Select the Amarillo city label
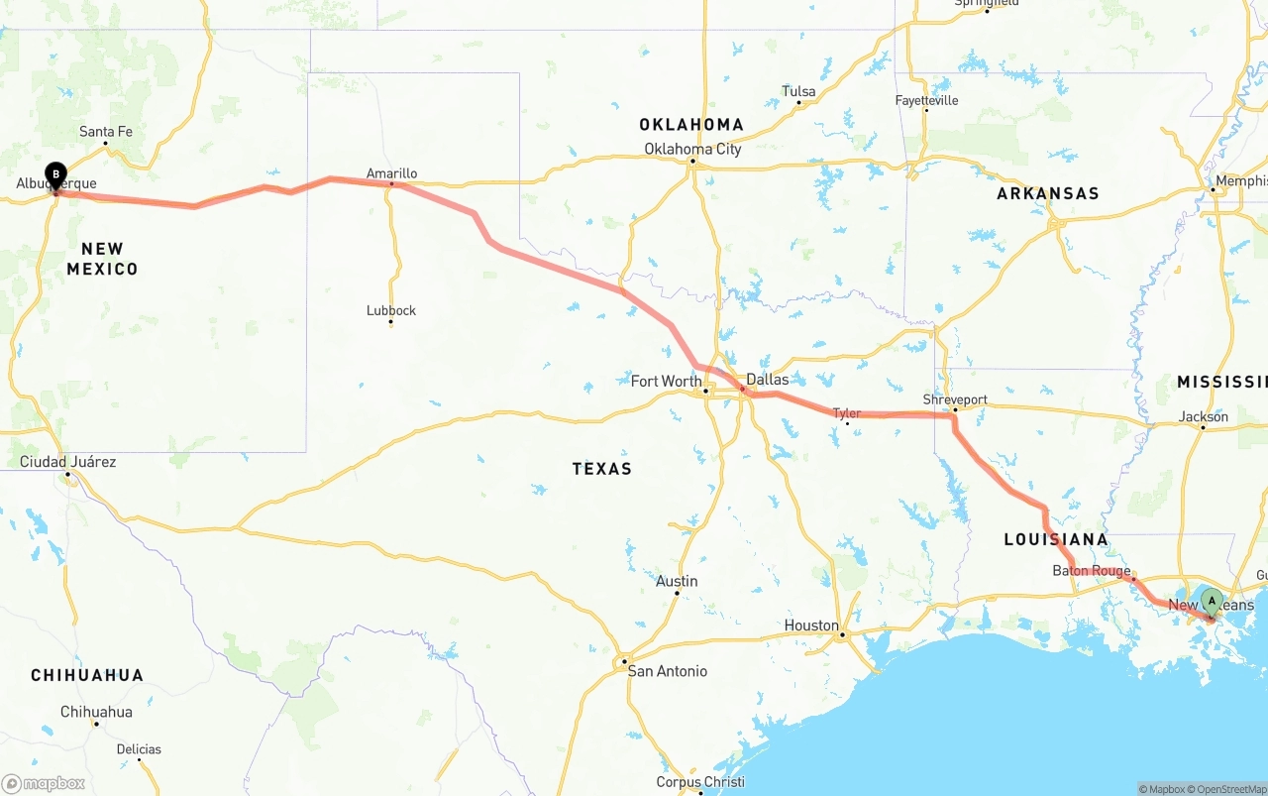pyautogui.click(x=391, y=173)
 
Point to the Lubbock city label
pyautogui.click(x=391, y=310)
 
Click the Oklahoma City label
pyautogui.click(x=692, y=149)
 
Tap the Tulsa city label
pyautogui.click(x=798, y=91)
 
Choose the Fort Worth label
pyautogui.click(x=666, y=381)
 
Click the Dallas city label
pyautogui.click(x=768, y=380)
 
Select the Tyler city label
pyautogui.click(x=846, y=413)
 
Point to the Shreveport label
pyautogui.click(x=955, y=399)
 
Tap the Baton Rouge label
pyautogui.click(x=1091, y=571)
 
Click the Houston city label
pyautogui.click(x=811, y=625)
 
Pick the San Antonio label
pyautogui.click(x=668, y=671)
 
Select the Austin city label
pyautogui.click(x=677, y=581)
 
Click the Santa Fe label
pyautogui.click(x=105, y=131)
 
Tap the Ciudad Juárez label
pyautogui.click(x=67, y=462)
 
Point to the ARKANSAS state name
pyautogui.click(x=1048, y=193)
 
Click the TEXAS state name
pyautogui.click(x=601, y=468)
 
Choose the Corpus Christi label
pyautogui.click(x=700, y=782)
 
